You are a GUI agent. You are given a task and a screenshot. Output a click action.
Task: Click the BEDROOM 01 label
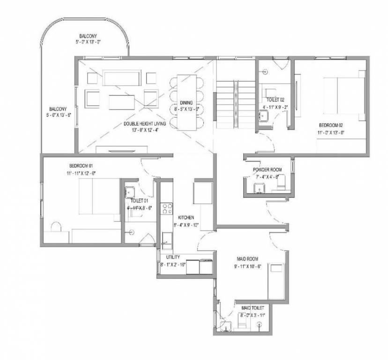(82, 166)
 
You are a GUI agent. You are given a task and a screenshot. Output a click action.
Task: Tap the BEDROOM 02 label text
(331, 125)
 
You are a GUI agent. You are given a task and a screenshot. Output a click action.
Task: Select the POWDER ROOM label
(267, 170)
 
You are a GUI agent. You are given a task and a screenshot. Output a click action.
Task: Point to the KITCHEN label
(186, 218)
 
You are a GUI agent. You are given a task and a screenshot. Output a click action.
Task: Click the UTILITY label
(167, 257)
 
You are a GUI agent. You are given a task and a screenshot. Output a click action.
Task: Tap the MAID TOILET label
(253, 307)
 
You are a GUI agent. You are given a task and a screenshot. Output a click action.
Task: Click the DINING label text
(186, 103)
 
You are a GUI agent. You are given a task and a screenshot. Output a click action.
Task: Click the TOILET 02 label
(276, 100)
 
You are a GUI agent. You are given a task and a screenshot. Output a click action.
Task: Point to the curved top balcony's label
(85, 36)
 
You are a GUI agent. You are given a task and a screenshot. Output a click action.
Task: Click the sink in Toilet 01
(130, 192)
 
